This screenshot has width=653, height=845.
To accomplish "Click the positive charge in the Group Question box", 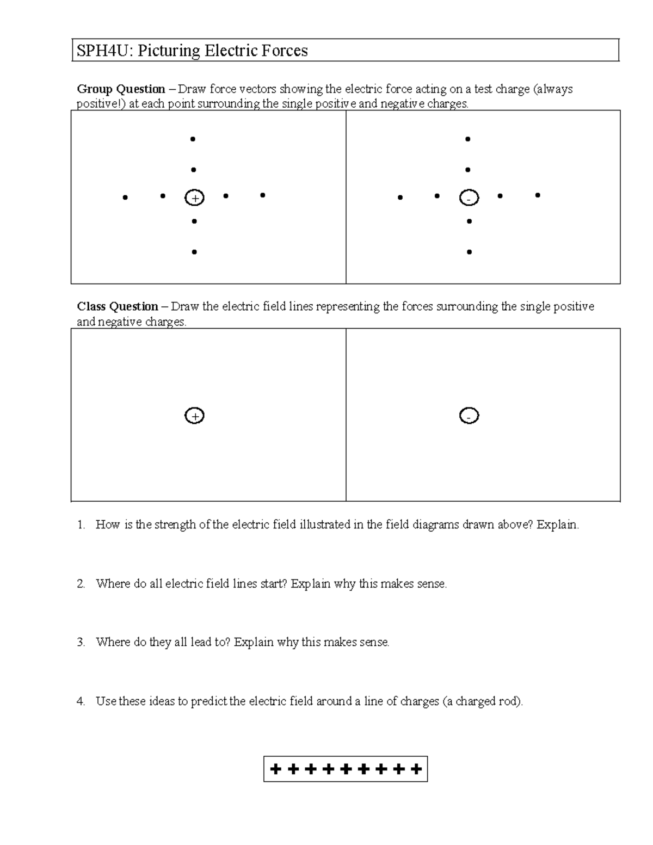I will coord(194,198).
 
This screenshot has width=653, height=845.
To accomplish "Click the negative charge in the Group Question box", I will coord(469,198).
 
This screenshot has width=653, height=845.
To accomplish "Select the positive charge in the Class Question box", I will coord(194,416).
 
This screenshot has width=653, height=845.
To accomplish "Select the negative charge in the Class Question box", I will coord(469,416).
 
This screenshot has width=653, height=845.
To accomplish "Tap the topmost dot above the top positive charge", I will coord(193,139).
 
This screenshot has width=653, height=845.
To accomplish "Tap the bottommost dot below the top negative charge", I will coord(469,252).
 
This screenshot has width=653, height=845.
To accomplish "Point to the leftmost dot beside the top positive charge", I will coord(125,198).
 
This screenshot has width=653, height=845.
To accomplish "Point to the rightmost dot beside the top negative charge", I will coord(538,195).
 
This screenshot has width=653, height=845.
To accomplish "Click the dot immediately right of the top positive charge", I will coord(226,195).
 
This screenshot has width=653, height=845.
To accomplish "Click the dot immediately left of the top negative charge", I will coord(437,196).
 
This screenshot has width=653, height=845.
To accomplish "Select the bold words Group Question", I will coord(121,89).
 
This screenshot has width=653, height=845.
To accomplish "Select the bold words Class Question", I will coord(118,307).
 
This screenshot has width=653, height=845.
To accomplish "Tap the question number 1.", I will coord(81,525).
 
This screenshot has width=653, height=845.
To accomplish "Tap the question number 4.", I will coord(81,701).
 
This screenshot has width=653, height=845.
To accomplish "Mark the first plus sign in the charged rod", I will coord(276,769).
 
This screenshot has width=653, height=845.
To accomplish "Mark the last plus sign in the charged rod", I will coord(416,769).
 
